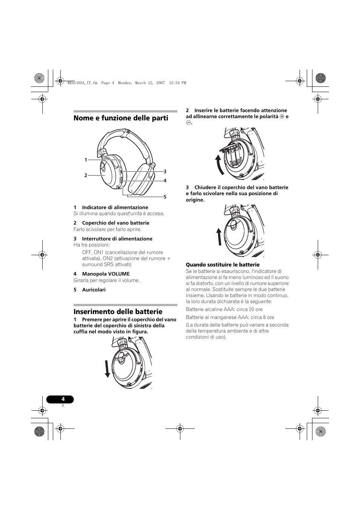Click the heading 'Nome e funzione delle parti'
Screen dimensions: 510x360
coord(121,118)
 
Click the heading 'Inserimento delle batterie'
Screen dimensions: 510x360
coord(118,311)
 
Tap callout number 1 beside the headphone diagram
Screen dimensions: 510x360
coord(86,160)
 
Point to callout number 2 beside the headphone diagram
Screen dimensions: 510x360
coord(86,175)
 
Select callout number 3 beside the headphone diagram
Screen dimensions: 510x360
coord(165,171)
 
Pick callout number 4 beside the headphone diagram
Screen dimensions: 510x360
coord(165,180)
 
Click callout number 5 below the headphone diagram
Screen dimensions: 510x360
coord(165,197)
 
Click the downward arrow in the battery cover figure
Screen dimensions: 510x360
coord(108,368)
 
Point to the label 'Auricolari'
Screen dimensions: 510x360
coord(94,290)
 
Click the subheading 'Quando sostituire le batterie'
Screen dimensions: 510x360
coord(223,265)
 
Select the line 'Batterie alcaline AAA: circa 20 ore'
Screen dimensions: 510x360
coord(224,309)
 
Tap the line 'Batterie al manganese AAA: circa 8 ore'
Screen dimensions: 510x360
coord(230,317)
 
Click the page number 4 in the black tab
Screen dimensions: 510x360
coord(63,399)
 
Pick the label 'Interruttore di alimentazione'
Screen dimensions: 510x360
coord(117,239)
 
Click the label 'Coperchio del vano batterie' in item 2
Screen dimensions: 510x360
coord(115,223)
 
